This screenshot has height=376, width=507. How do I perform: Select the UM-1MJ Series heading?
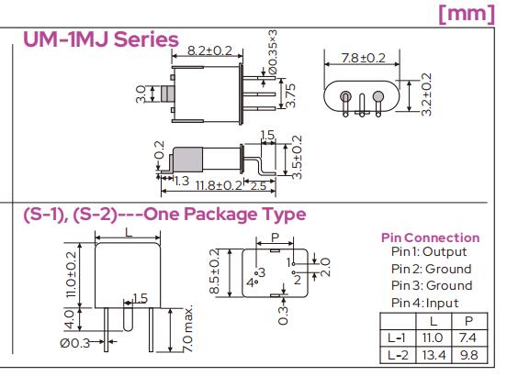(100, 39)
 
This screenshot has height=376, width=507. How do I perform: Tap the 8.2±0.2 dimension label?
(211, 50)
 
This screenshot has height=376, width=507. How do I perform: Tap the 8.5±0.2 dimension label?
(215, 273)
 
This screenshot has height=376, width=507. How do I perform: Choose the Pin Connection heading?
(430, 238)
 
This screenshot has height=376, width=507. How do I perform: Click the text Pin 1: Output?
(429, 251)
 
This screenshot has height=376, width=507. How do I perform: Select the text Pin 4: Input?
(424, 303)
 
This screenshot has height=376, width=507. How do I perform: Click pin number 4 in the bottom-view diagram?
(250, 282)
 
